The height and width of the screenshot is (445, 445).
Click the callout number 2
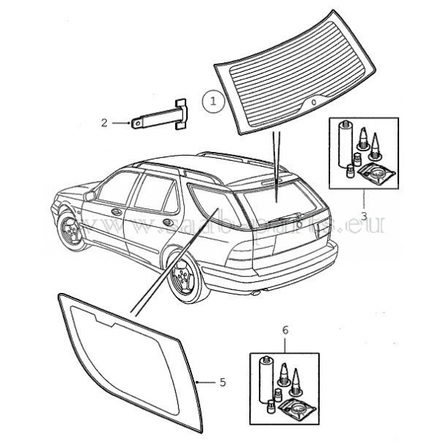click(105, 122)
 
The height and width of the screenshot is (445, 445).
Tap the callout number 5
click(222, 382)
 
